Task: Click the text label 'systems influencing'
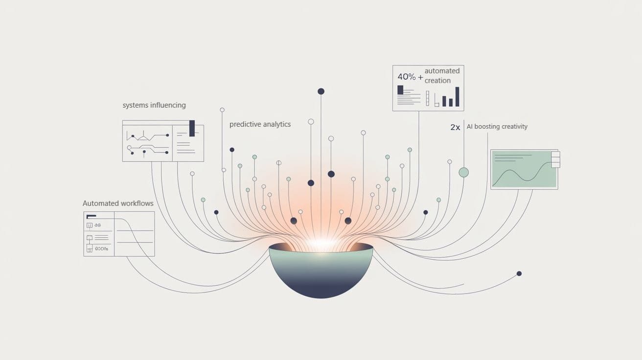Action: (x=154, y=105)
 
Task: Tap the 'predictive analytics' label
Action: (x=260, y=124)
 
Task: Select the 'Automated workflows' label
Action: (x=118, y=203)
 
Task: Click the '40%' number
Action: (x=406, y=77)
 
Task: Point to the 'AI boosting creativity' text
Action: (x=497, y=127)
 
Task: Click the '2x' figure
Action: (x=455, y=127)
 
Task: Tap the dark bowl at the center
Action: (x=321, y=274)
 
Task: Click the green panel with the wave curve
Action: (x=524, y=169)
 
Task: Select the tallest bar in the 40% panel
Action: (x=458, y=96)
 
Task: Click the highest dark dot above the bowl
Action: (x=321, y=91)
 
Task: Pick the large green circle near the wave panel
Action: (x=463, y=172)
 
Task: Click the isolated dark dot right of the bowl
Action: (x=519, y=273)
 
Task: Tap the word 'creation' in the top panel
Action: (x=437, y=81)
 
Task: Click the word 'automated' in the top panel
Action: (x=442, y=71)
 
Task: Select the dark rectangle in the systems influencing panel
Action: (x=192, y=128)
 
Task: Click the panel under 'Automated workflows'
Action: (x=119, y=234)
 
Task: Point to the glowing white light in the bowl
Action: (x=321, y=244)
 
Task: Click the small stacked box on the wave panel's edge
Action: (x=555, y=159)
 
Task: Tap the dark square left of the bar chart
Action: (x=400, y=90)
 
